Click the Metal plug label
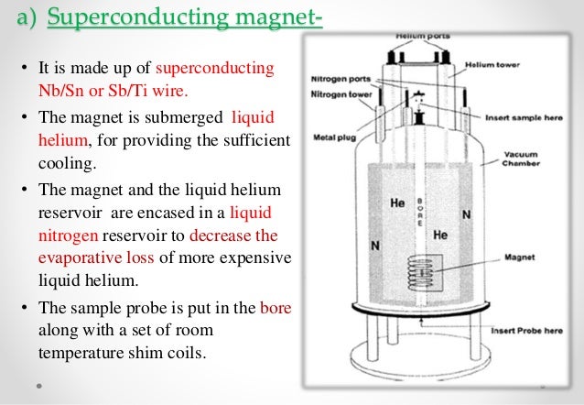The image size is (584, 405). [336, 138]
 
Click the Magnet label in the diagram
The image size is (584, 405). [519, 257]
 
